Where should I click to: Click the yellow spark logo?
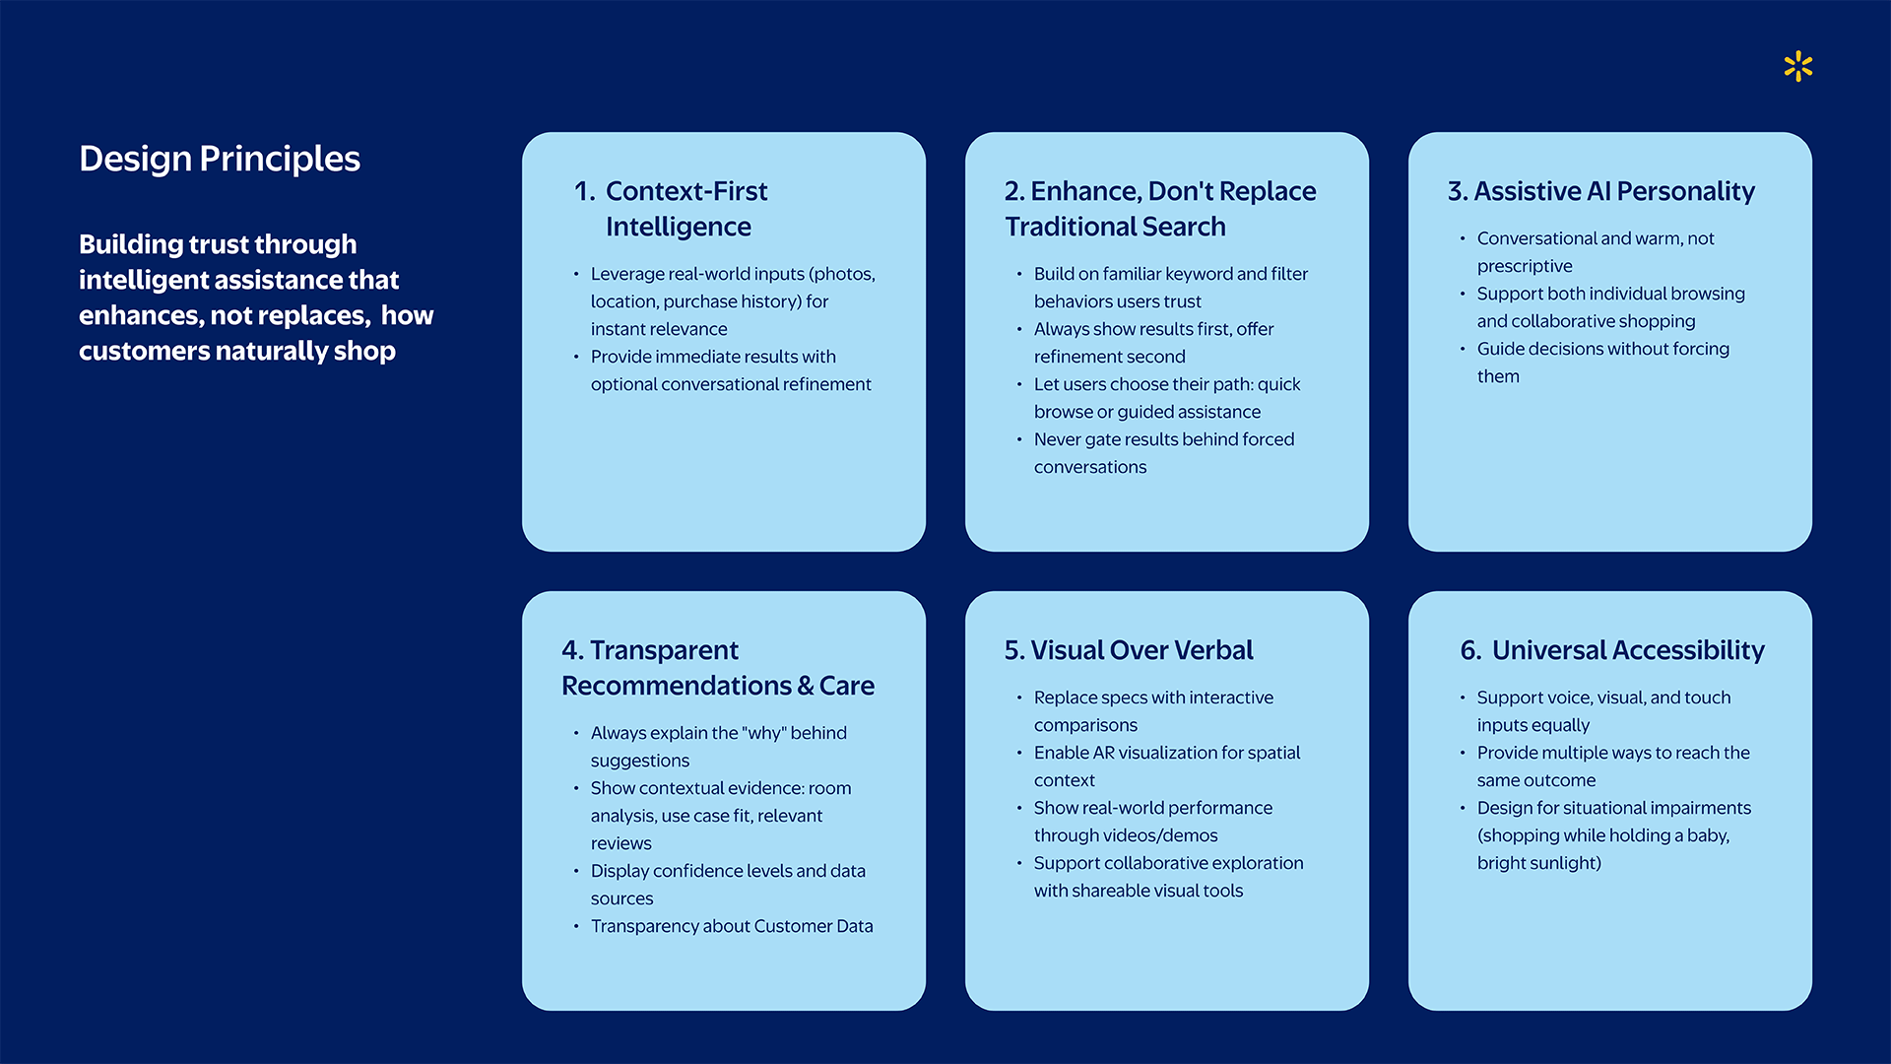[x=1797, y=66]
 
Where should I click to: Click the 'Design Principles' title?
[x=220, y=159]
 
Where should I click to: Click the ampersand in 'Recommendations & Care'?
[x=805, y=687]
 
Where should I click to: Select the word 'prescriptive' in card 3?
[x=1524, y=266]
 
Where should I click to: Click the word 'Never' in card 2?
[x=1057, y=439]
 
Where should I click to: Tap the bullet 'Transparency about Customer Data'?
[x=731, y=926]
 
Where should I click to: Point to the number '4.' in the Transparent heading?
[x=572, y=650]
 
